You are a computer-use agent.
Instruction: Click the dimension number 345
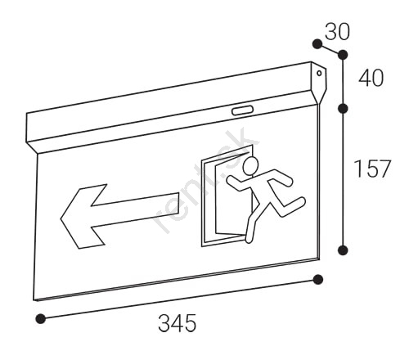(x=178, y=323)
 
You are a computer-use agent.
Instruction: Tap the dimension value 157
(x=372, y=169)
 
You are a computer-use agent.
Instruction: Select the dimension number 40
(x=371, y=78)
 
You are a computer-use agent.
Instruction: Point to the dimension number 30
(x=337, y=32)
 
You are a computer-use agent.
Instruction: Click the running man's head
(x=250, y=165)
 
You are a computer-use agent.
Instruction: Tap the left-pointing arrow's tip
(x=61, y=218)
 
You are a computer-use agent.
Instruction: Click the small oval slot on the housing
(x=242, y=110)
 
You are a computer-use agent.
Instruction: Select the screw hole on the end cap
(x=319, y=73)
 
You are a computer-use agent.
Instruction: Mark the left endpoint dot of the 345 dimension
(x=41, y=318)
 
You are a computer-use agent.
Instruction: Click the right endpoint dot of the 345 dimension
(x=318, y=280)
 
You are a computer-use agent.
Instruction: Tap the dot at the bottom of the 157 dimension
(x=343, y=250)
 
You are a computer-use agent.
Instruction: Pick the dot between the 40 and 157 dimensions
(x=343, y=109)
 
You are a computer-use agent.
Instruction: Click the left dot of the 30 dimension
(x=317, y=44)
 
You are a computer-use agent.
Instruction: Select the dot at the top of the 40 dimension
(x=343, y=55)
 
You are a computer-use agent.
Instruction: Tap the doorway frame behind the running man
(x=203, y=202)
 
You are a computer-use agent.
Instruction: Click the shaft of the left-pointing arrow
(x=137, y=210)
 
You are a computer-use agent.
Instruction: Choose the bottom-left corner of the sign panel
(x=34, y=300)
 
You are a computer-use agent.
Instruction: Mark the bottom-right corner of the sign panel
(x=319, y=259)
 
